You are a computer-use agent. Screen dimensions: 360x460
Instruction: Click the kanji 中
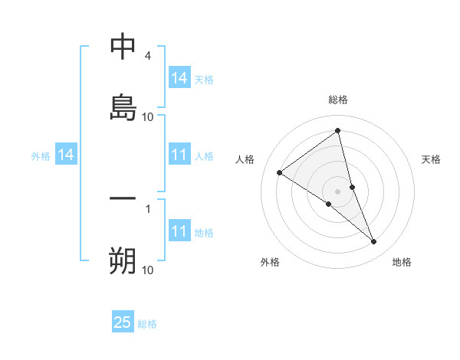pyautogui.click(x=123, y=47)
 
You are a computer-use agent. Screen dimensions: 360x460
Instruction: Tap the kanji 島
pyautogui.click(x=123, y=107)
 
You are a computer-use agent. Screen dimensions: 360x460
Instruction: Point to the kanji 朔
pyautogui.click(x=123, y=260)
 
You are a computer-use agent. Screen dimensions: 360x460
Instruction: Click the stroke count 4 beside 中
pyautogui.click(x=147, y=56)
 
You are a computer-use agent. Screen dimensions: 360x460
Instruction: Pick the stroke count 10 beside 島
pyautogui.click(x=148, y=117)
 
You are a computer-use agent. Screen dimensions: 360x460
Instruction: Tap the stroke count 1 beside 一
pyautogui.click(x=148, y=208)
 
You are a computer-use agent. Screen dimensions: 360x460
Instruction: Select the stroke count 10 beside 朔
pyautogui.click(x=148, y=270)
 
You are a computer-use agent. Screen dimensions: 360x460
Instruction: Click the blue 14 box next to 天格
pyautogui.click(x=179, y=78)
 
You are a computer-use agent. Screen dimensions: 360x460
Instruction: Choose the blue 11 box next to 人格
pyautogui.click(x=179, y=155)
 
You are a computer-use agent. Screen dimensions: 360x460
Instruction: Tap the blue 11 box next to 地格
pyautogui.click(x=179, y=232)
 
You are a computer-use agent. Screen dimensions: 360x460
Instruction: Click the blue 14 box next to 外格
pyautogui.click(x=66, y=155)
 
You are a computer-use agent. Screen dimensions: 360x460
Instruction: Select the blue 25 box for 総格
pyautogui.click(x=123, y=322)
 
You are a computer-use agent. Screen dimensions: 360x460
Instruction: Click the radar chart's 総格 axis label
pyautogui.click(x=338, y=100)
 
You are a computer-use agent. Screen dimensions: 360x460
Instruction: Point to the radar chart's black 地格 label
pyautogui.click(x=402, y=263)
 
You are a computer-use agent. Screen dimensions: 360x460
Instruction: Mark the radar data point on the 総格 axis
pyautogui.click(x=338, y=131)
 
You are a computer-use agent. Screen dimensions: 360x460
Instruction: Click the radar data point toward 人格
pyautogui.click(x=280, y=172)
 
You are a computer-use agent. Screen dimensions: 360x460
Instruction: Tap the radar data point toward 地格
pyautogui.click(x=374, y=242)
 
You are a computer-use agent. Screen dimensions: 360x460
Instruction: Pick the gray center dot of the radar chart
pyautogui.click(x=338, y=191)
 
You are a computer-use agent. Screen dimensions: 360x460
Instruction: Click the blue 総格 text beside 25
pyautogui.click(x=147, y=324)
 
